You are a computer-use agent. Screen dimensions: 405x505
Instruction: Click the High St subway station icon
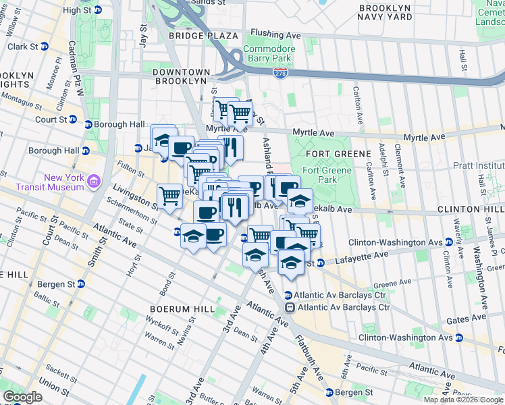pyautogui.click(x=98, y=10)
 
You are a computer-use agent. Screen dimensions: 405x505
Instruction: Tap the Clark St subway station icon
pyautogui.click(x=44, y=47)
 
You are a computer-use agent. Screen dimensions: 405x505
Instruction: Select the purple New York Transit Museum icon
pyautogui.click(x=93, y=182)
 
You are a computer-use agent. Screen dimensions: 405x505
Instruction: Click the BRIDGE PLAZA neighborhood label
pyautogui.click(x=203, y=35)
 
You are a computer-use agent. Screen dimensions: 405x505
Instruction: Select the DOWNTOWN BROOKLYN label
pyautogui.click(x=180, y=76)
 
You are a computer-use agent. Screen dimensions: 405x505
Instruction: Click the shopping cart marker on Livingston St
pyautogui.click(x=169, y=196)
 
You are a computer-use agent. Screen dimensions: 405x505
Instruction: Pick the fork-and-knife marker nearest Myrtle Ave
pyautogui.click(x=230, y=148)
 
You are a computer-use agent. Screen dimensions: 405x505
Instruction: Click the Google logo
pyautogui.click(x=23, y=397)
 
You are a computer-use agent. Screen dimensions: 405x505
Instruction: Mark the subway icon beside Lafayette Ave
pyautogui.click(x=321, y=263)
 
